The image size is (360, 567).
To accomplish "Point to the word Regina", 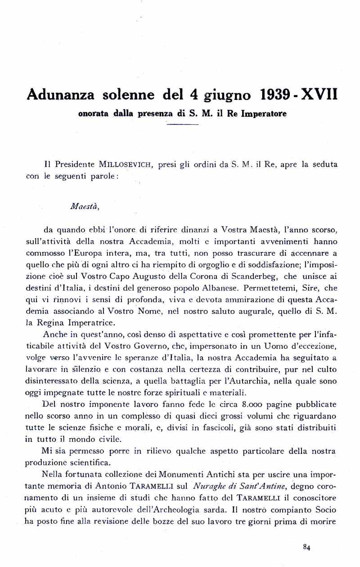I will (x=58, y=322).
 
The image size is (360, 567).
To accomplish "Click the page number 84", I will (x=307, y=547).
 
